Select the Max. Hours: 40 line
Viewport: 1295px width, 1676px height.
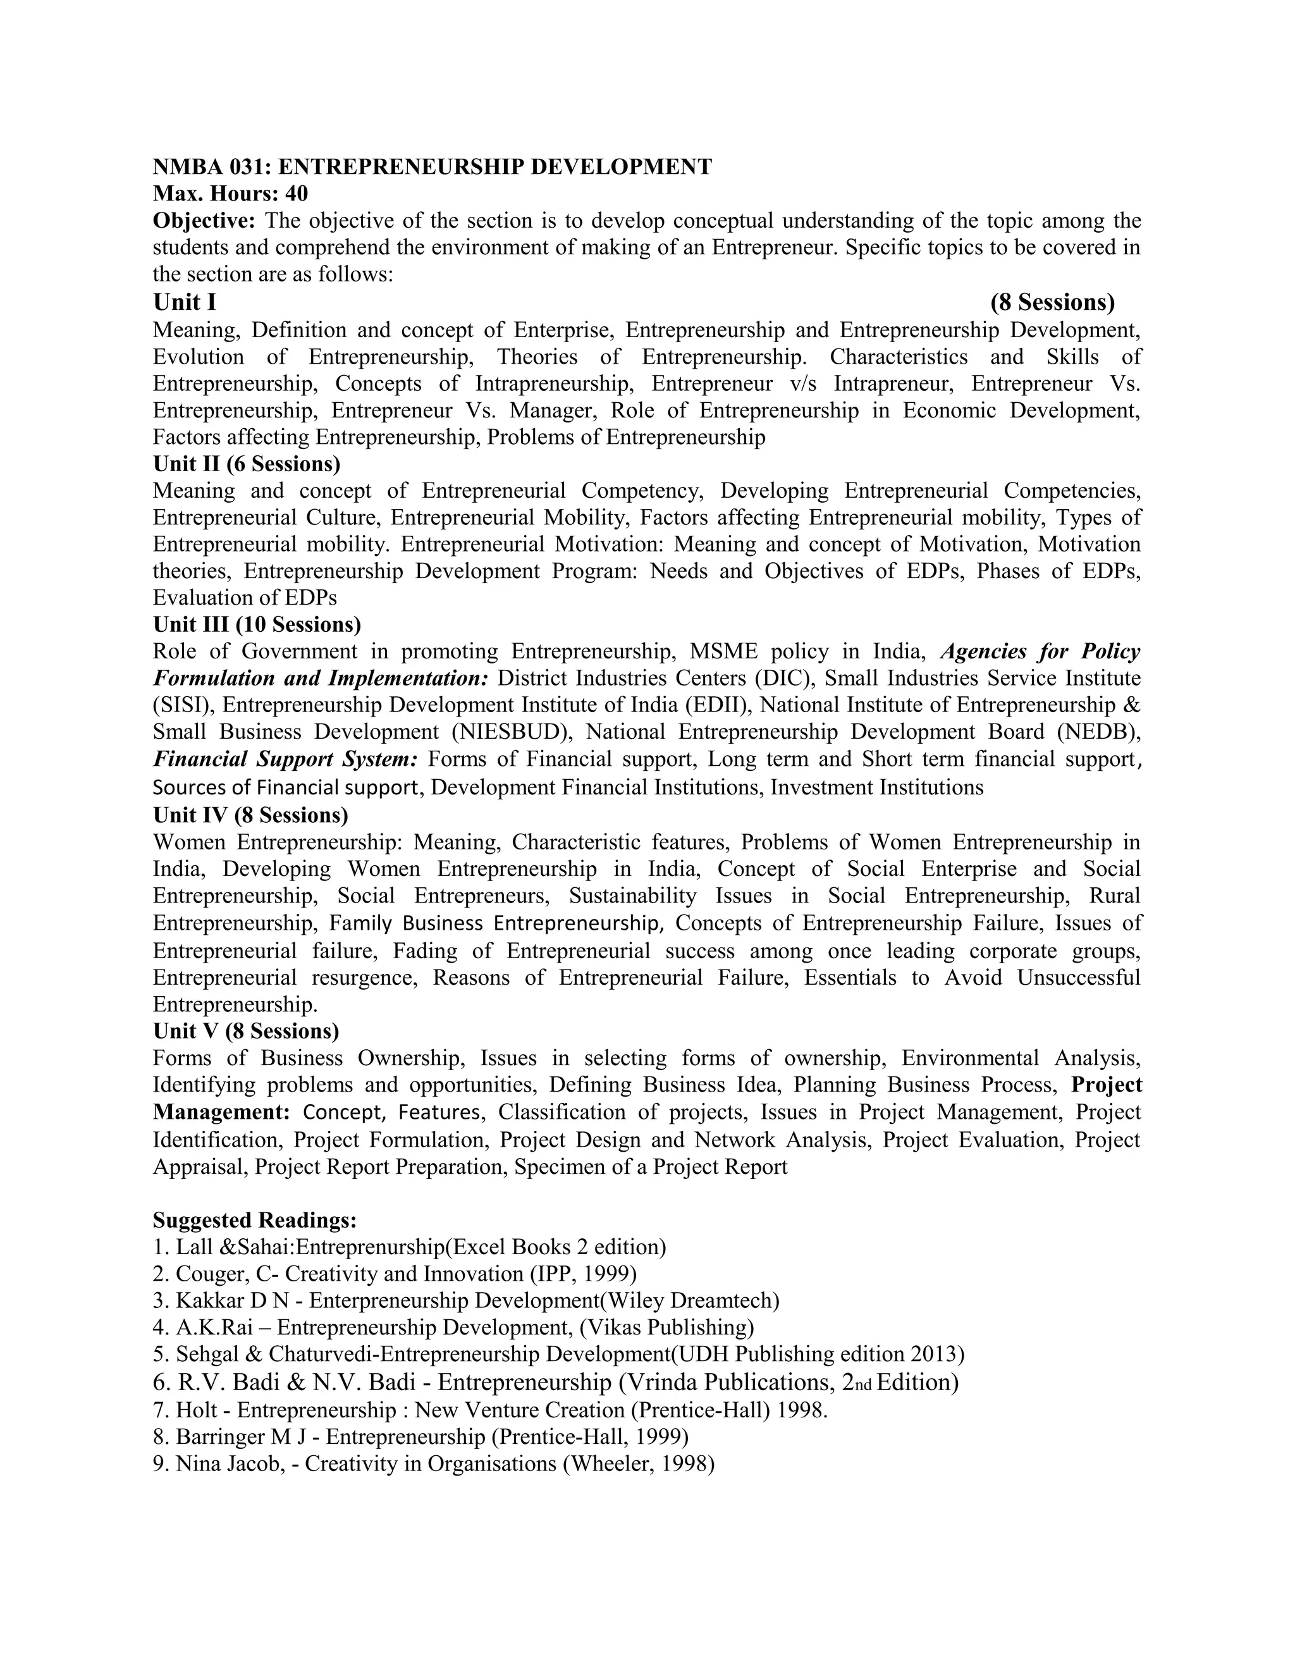point(230,194)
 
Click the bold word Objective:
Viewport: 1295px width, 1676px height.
point(204,221)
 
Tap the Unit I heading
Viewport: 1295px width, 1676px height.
point(184,302)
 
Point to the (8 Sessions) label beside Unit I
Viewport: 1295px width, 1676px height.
point(1052,302)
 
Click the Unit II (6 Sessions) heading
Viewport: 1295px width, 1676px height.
point(246,464)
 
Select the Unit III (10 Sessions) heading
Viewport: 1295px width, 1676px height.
point(257,625)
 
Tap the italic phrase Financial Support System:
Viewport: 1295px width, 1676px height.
point(285,759)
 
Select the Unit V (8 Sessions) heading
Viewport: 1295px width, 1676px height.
point(245,1031)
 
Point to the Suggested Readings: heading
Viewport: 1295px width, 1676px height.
point(255,1220)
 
